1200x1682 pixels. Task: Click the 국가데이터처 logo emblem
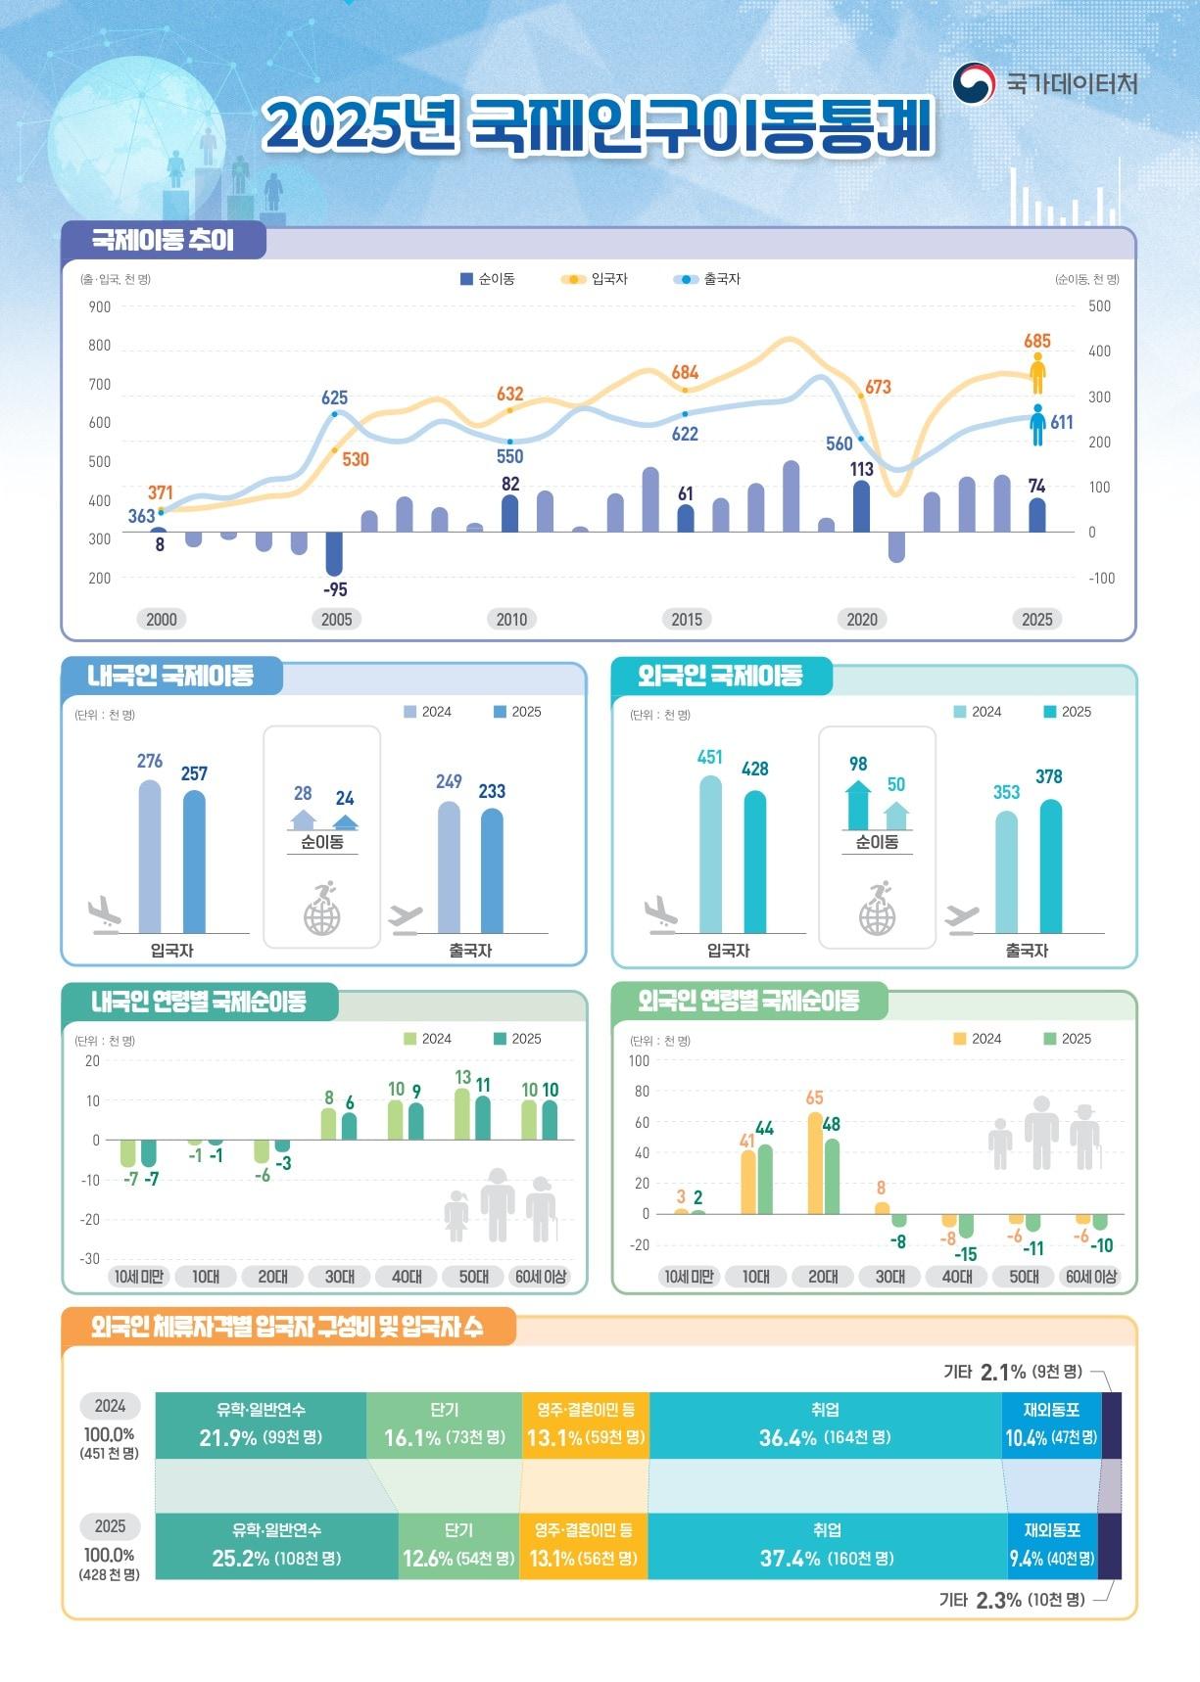(x=974, y=83)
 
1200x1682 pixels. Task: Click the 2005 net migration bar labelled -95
(x=334, y=553)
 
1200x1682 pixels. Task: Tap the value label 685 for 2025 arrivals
(x=1037, y=341)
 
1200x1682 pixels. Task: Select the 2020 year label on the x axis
(x=862, y=619)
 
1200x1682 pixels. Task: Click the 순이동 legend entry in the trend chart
(x=487, y=279)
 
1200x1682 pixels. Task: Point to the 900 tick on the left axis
(x=100, y=306)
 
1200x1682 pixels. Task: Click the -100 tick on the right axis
(x=1102, y=578)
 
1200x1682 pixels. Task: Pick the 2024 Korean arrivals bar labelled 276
(x=150, y=857)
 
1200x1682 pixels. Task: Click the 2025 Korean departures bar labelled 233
(x=492, y=870)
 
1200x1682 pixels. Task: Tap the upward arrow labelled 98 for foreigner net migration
(x=858, y=804)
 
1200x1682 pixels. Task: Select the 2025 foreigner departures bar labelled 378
(x=1051, y=866)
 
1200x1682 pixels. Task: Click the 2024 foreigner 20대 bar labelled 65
(x=815, y=1163)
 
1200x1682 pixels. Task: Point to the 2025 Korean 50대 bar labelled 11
(x=483, y=1118)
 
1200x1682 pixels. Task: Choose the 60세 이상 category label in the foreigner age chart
(x=1091, y=1277)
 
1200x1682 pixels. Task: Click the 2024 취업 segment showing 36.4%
(x=825, y=1425)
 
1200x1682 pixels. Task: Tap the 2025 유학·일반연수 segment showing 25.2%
(x=277, y=1546)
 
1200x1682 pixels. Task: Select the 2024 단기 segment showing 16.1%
(x=445, y=1425)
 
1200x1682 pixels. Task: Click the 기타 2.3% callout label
(x=1012, y=1599)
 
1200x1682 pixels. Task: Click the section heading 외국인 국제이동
(x=721, y=676)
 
